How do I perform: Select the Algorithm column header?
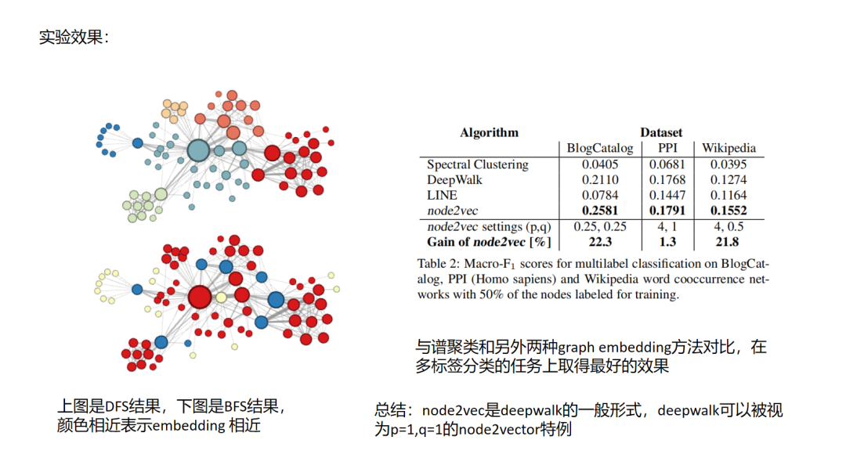pyautogui.click(x=489, y=132)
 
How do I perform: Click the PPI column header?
pyautogui.click(x=667, y=148)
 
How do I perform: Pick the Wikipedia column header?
pyautogui.click(x=728, y=148)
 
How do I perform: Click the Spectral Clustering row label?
pyautogui.click(x=478, y=164)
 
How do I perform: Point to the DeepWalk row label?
pyautogui.click(x=454, y=180)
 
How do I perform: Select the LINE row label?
pyautogui.click(x=443, y=195)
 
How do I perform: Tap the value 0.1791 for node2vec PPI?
pyautogui.click(x=667, y=211)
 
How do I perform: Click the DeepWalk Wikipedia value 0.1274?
pyautogui.click(x=728, y=180)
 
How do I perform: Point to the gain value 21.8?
pyautogui.click(x=728, y=242)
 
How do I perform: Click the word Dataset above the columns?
pyautogui.click(x=661, y=132)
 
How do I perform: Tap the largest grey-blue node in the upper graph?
pyautogui.click(x=198, y=150)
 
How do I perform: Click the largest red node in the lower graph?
pyautogui.click(x=200, y=297)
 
